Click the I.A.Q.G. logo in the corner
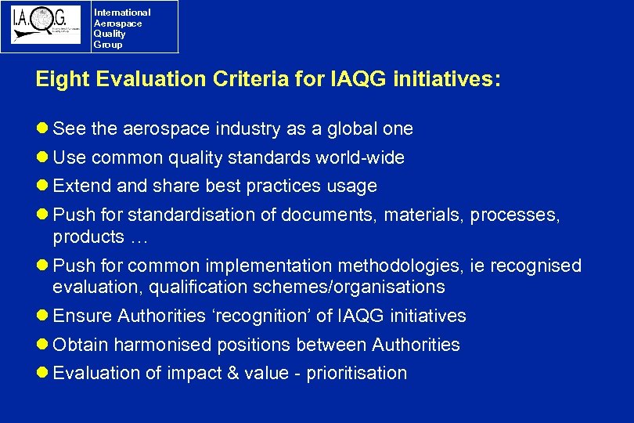point(45,26)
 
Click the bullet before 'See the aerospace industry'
point(43,128)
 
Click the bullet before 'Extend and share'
point(43,186)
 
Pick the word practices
point(282,186)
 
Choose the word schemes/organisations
point(349,287)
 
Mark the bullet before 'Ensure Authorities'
point(43,316)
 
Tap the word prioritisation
point(357,373)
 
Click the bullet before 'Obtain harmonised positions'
point(43,345)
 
